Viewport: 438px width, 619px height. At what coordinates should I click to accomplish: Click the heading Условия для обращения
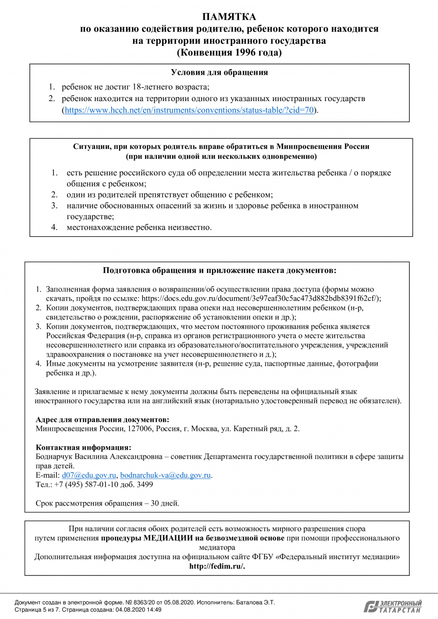(219, 73)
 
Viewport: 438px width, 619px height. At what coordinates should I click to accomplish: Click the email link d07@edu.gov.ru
(89, 475)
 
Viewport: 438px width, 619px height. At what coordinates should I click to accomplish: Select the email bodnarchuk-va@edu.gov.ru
(166, 475)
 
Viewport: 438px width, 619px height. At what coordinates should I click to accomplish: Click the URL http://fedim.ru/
(217, 566)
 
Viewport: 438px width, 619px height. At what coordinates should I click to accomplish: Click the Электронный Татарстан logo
(393, 607)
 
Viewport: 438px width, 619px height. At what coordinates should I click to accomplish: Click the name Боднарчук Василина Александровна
(98, 457)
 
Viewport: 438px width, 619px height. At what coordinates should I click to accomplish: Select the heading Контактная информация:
(84, 447)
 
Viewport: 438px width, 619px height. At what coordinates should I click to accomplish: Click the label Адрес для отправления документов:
(102, 419)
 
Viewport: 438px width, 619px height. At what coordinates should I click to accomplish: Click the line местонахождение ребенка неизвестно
(139, 227)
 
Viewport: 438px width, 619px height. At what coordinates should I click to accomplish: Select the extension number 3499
(143, 484)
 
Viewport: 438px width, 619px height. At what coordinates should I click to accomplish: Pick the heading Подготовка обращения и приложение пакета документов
(219, 270)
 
